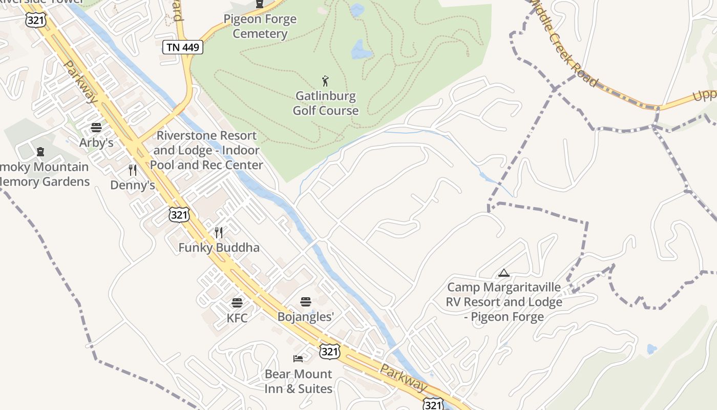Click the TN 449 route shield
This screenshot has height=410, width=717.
pyautogui.click(x=183, y=47)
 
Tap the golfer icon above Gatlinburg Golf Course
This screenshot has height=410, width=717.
pyautogui.click(x=325, y=80)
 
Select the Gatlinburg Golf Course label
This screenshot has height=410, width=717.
pyautogui.click(x=325, y=103)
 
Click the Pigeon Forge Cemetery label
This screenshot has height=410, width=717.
pyautogui.click(x=260, y=27)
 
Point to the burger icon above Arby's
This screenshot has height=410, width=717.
pyautogui.click(x=96, y=128)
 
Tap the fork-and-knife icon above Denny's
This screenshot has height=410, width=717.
pyautogui.click(x=133, y=170)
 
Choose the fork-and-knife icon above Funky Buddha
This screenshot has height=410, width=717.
pyautogui.click(x=219, y=233)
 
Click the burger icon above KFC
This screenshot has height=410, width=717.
pyautogui.click(x=237, y=303)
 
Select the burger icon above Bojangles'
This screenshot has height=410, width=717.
pyautogui.click(x=306, y=302)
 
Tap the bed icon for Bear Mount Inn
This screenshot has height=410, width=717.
pyautogui.click(x=298, y=358)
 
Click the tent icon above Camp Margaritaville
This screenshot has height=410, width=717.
pyautogui.click(x=504, y=273)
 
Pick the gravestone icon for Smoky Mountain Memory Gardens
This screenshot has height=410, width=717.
pyautogui.click(x=40, y=152)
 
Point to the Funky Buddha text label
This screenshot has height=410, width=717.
pyautogui.click(x=219, y=248)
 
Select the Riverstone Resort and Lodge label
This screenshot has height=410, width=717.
pyautogui.click(x=206, y=150)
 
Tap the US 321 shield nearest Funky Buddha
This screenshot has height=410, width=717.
pyautogui.click(x=179, y=214)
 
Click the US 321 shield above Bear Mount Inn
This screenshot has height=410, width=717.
pyautogui.click(x=329, y=351)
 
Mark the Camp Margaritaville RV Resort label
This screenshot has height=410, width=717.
pyautogui.click(x=504, y=302)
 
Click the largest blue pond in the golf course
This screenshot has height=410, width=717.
pyautogui.click(x=361, y=50)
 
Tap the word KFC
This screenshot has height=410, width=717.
pyautogui.click(x=237, y=318)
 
